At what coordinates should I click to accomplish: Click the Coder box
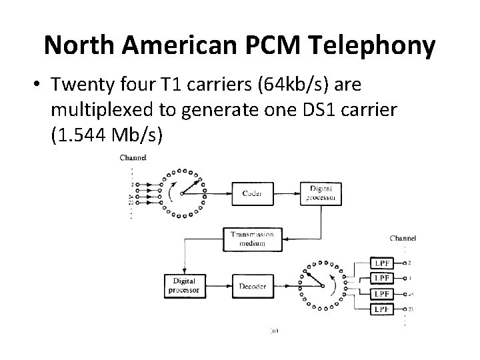coord(252,193)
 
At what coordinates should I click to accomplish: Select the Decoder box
coord(251,286)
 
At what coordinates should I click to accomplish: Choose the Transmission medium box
coord(248,239)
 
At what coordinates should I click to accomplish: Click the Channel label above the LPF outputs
coord(403,238)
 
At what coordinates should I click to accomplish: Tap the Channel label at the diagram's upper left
coord(133,157)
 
